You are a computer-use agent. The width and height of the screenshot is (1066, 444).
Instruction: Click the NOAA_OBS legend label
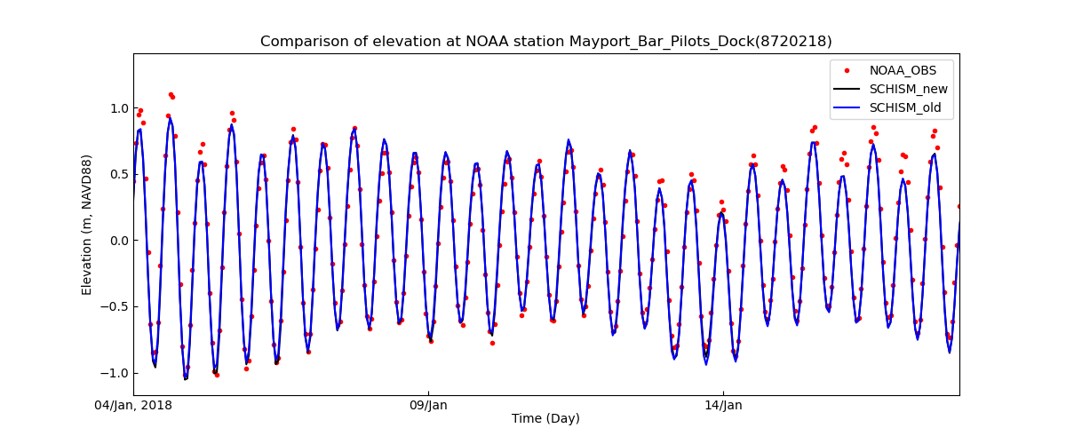[903, 70]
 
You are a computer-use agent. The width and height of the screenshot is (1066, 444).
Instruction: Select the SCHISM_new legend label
[908, 89]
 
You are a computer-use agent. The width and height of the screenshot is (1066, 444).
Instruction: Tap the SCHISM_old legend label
[906, 107]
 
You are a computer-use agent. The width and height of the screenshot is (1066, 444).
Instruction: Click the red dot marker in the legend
[847, 70]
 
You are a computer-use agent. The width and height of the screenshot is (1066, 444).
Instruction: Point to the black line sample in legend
[847, 89]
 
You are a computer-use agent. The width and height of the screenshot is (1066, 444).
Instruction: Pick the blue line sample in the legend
[847, 107]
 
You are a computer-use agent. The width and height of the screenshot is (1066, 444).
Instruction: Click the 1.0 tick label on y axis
[119, 108]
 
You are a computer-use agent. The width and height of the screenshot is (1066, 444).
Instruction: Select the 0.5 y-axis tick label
[119, 174]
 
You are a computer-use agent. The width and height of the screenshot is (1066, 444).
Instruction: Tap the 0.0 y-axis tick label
[119, 241]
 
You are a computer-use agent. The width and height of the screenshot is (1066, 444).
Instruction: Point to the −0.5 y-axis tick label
[115, 306]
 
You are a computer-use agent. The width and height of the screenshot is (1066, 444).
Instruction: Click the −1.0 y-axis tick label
[115, 373]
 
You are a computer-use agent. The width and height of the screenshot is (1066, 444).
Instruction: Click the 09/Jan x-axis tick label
[428, 406]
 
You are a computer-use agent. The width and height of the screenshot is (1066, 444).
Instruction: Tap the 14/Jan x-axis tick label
[723, 406]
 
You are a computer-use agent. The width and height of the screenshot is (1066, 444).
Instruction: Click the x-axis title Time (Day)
[545, 419]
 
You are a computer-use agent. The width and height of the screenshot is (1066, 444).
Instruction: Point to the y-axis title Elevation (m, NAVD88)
[87, 225]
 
